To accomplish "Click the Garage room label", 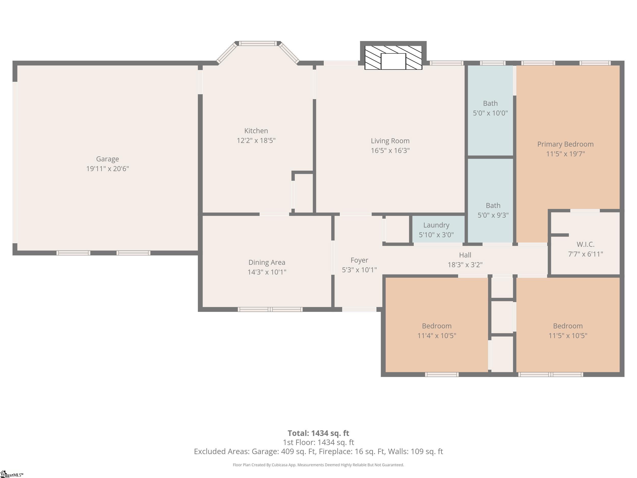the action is [108, 159].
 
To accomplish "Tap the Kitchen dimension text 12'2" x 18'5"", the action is [256, 140].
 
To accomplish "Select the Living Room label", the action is [390, 141].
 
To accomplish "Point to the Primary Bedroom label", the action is [565, 144].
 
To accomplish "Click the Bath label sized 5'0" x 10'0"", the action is [490, 108].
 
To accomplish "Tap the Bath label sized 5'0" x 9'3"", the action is [493, 210].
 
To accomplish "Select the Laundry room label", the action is [436, 225].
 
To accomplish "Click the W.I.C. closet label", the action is [586, 244].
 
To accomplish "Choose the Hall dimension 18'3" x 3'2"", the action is [465, 265].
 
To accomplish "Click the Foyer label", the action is [359, 260].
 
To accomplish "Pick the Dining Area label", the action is [267, 263].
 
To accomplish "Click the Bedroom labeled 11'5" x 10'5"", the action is [568, 330].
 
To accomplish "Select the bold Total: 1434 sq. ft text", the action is [319, 433].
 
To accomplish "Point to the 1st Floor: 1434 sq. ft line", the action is [319, 442].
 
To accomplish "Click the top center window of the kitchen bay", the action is [258, 44].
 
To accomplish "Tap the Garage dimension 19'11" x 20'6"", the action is [108, 169].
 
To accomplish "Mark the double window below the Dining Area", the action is [270, 309].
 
